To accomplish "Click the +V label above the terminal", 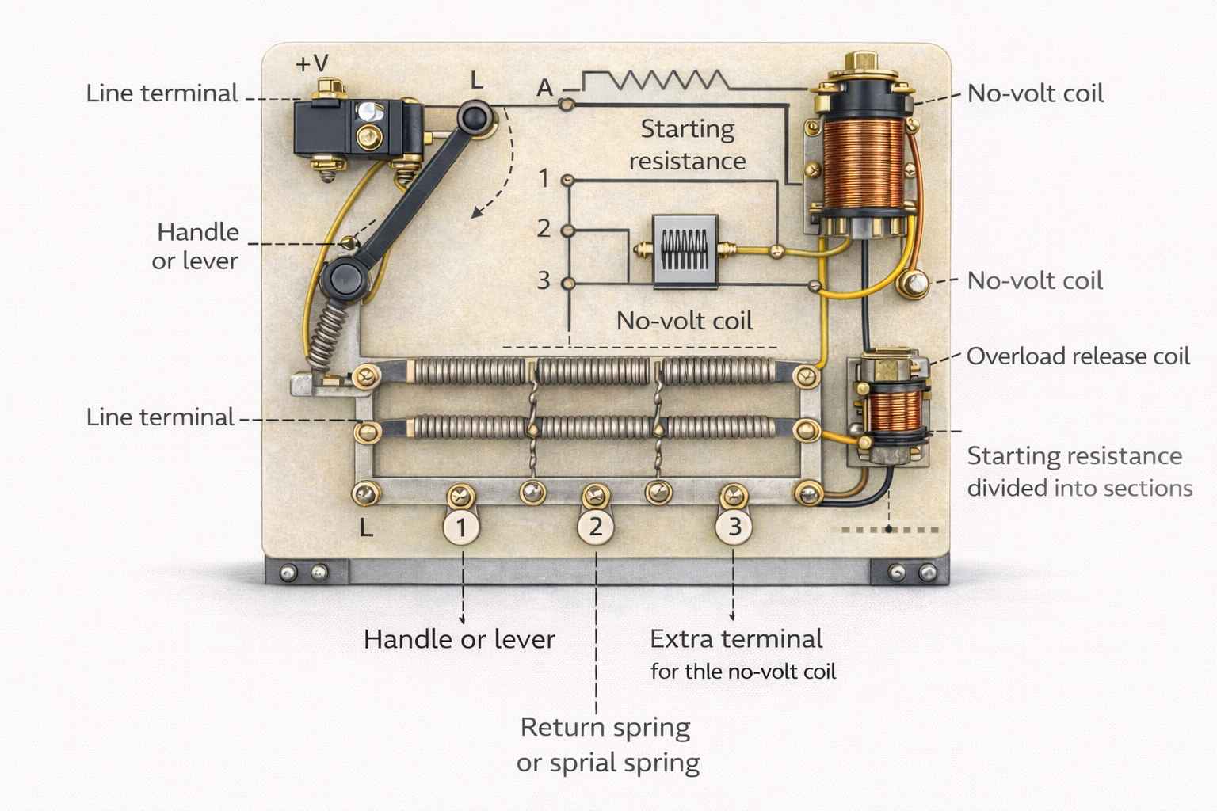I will coord(311,63).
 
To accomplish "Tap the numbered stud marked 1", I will coord(462,527).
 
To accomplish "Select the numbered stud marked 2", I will coord(595,527).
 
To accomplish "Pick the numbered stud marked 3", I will coord(734,527).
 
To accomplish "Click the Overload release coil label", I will coord(1078,356).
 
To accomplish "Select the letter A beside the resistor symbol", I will coord(544,88).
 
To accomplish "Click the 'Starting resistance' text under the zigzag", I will coord(687,144).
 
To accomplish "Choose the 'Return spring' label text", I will coord(605,726).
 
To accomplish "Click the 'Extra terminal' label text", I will coord(736,638).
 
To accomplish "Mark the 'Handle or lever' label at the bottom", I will coord(459,639).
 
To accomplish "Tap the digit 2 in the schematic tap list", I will coord(544,229).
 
